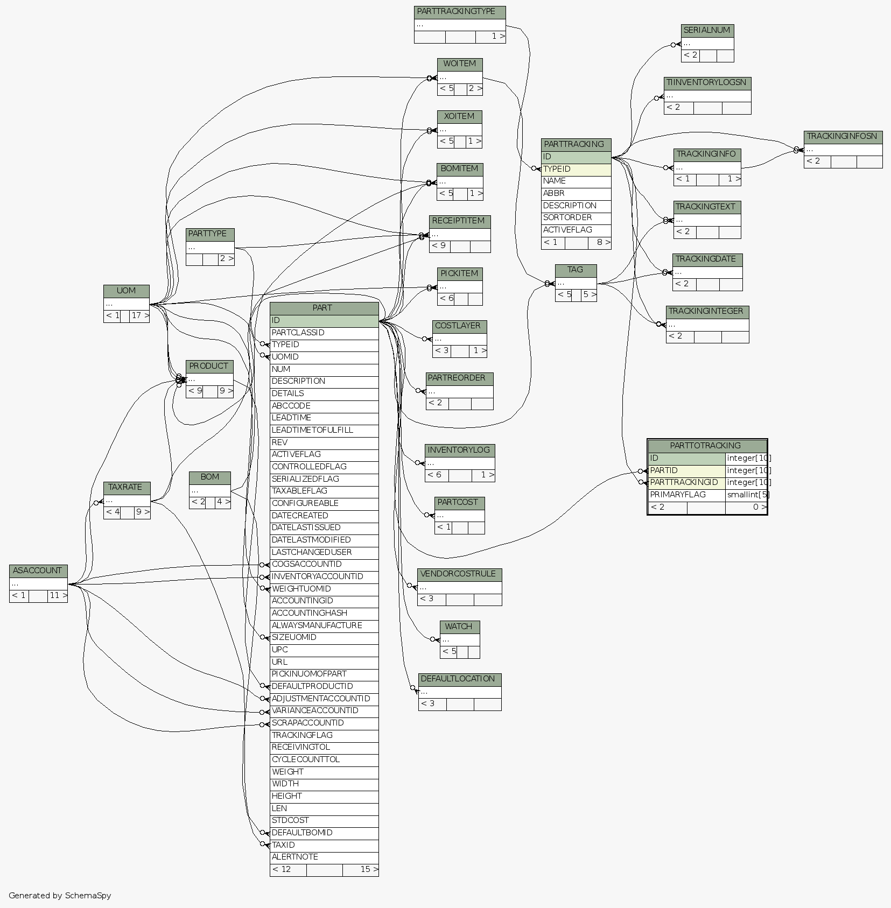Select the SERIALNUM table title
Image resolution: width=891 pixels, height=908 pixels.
707,31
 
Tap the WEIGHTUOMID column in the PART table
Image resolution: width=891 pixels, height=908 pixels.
301,589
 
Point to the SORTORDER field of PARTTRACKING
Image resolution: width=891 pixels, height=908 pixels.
567,217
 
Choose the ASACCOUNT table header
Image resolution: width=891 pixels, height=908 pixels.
38,571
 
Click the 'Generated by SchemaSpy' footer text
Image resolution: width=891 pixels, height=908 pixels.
60,896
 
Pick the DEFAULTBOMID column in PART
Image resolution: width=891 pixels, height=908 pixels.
302,833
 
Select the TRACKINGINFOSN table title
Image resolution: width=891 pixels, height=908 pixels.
843,137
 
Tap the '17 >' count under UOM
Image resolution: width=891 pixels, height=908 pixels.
139,316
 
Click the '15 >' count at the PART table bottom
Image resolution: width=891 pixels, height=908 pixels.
368,869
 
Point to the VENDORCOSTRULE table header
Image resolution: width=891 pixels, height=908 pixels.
459,574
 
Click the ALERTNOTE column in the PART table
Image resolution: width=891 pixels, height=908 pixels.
294,857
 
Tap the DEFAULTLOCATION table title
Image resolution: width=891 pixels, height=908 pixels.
459,679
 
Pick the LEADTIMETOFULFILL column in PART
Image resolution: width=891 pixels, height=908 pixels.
312,430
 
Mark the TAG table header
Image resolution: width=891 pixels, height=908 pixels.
576,270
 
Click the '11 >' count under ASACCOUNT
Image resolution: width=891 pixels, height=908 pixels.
58,596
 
